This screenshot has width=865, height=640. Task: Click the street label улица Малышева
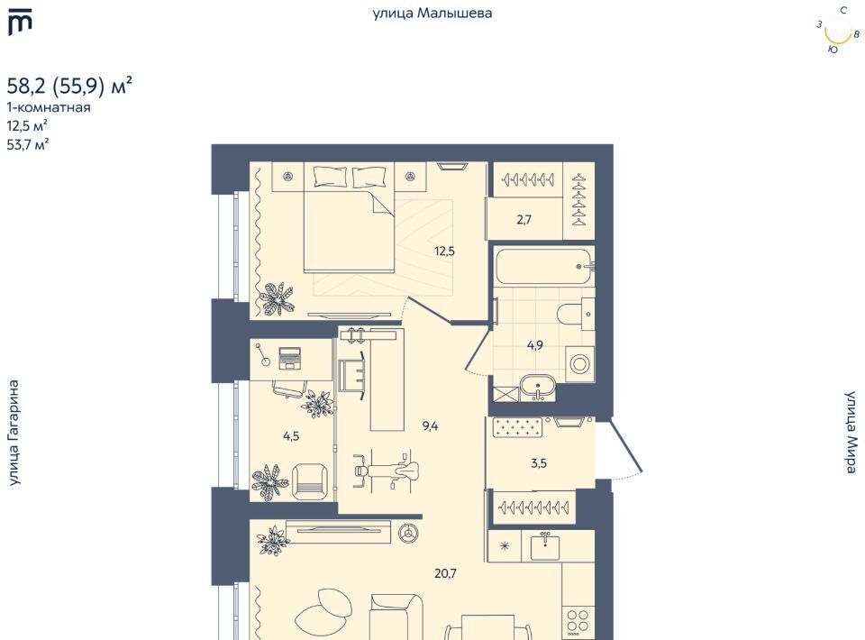(432, 14)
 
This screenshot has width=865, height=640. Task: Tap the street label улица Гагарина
(14, 433)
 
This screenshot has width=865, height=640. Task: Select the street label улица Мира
(851, 432)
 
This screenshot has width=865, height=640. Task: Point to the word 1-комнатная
(49, 107)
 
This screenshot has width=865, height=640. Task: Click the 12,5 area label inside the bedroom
(444, 251)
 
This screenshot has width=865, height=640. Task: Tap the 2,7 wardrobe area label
(524, 220)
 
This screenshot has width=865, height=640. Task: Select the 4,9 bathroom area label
(535, 345)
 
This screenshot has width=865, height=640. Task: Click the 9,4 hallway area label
(431, 425)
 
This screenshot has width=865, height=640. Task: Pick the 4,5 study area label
(291, 436)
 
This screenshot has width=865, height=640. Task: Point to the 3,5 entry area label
(539, 463)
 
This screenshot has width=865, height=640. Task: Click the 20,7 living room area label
(445, 574)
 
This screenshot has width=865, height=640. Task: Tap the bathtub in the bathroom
(543, 267)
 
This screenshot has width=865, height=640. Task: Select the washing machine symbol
(579, 363)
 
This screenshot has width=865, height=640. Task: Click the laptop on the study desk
(289, 358)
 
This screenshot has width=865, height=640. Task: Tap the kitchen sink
(545, 547)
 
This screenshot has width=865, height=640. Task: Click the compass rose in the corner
(837, 31)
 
